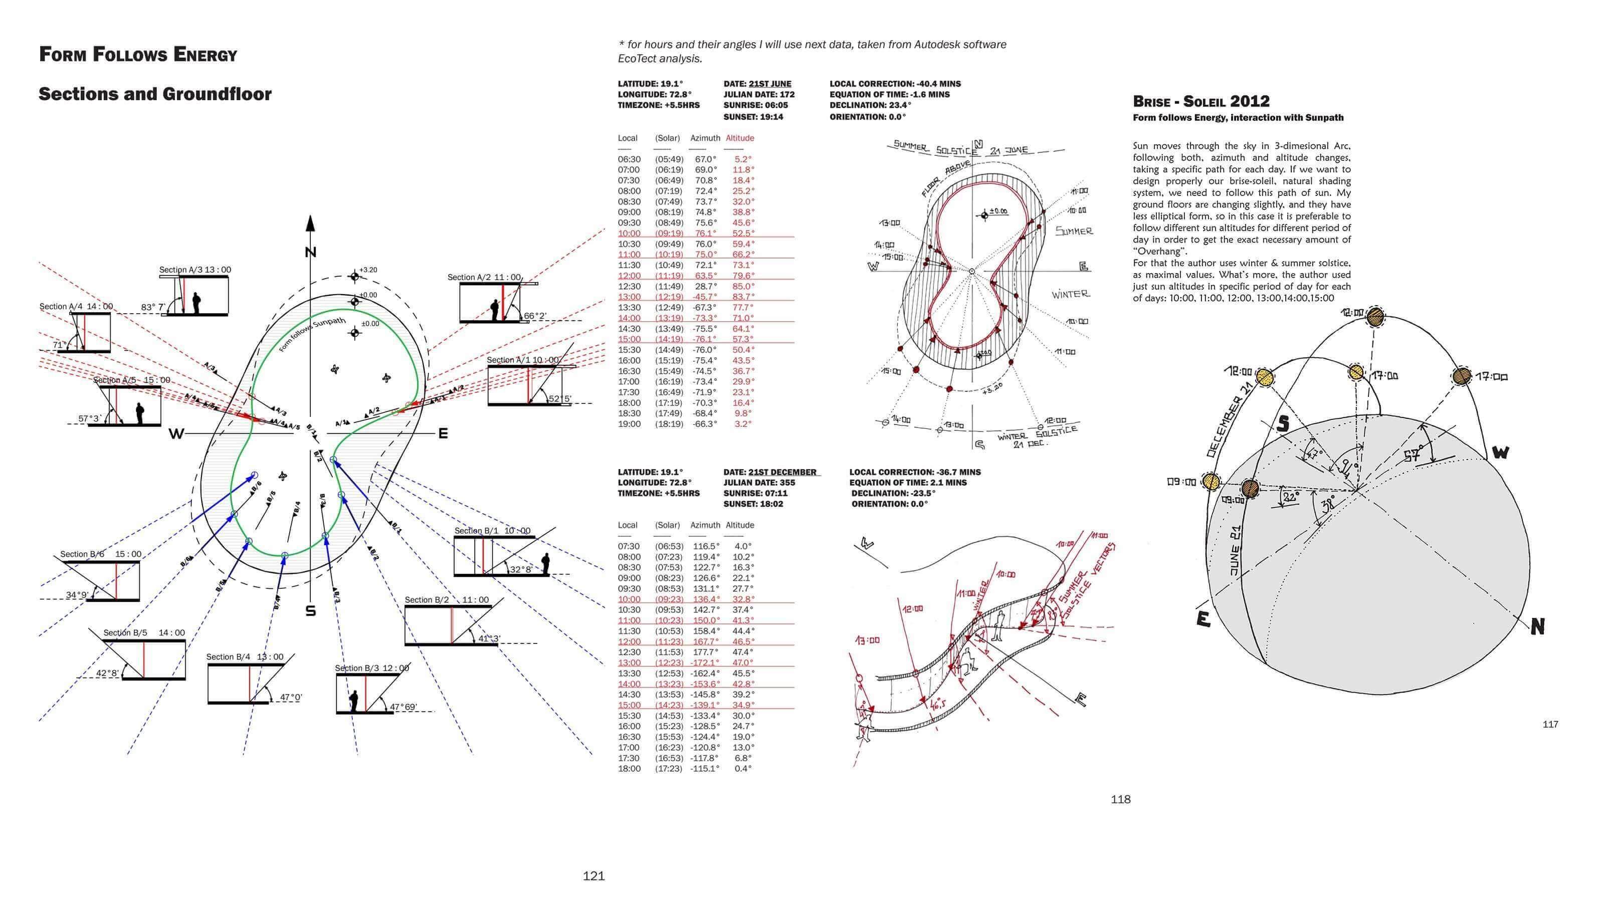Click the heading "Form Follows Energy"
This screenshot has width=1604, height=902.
click(138, 55)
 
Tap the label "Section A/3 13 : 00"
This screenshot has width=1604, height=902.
click(195, 270)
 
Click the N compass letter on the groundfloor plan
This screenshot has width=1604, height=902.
click(311, 252)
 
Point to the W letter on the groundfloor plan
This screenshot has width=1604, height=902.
click(176, 434)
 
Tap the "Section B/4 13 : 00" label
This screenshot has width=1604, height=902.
click(245, 657)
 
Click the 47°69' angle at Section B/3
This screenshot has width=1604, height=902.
click(404, 707)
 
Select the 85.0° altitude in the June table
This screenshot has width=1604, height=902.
click(743, 286)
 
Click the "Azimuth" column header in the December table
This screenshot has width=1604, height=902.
click(705, 525)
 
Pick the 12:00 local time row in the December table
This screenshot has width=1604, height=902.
click(629, 641)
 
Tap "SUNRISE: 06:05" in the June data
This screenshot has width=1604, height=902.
click(755, 105)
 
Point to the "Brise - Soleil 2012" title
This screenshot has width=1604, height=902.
click(1201, 101)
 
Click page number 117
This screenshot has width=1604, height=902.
click(1550, 724)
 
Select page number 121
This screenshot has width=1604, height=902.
click(593, 876)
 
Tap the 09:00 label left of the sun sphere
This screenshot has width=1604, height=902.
click(1180, 482)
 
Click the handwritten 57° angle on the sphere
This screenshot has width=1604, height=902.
click(1412, 456)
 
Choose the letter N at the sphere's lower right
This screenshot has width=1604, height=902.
click(1537, 627)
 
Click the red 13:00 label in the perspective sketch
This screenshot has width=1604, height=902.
click(867, 640)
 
